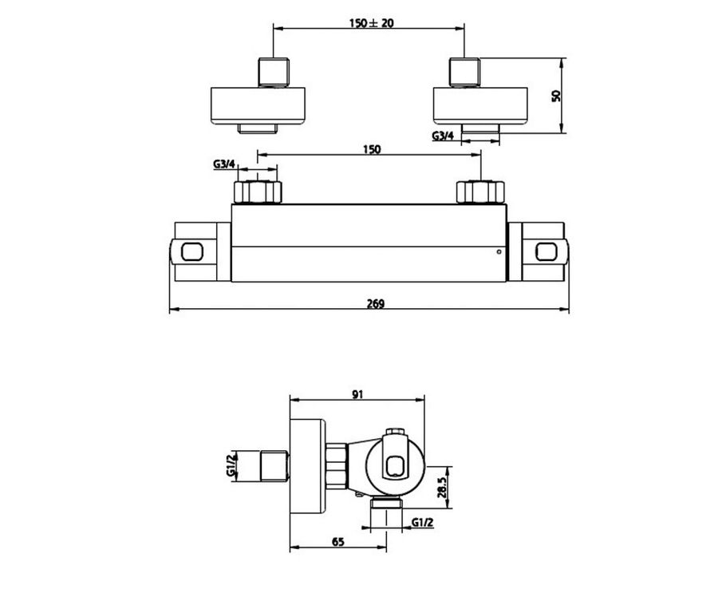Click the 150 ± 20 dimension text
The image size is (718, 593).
click(x=371, y=22)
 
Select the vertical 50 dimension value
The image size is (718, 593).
click(x=556, y=96)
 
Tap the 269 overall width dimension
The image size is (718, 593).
click(x=376, y=303)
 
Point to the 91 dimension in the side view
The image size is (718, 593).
click(x=357, y=394)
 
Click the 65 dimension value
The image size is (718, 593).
click(x=338, y=542)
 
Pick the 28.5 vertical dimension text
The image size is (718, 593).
click(x=441, y=488)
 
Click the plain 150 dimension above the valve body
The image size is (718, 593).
click(x=371, y=149)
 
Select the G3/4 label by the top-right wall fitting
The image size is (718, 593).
click(x=443, y=136)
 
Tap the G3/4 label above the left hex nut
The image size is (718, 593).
click(x=224, y=164)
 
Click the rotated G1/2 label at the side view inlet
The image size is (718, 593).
click(x=231, y=464)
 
